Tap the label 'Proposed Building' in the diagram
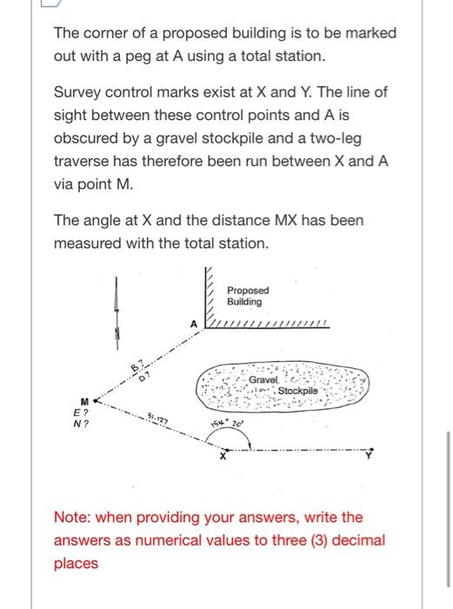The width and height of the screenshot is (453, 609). pos(248,296)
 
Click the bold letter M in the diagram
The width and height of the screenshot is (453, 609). pos(84,402)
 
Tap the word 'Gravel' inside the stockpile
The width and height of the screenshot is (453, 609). pos(263,381)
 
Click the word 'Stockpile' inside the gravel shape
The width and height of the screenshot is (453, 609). pos(298,391)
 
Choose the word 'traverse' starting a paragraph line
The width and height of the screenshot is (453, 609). pos(85,162)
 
